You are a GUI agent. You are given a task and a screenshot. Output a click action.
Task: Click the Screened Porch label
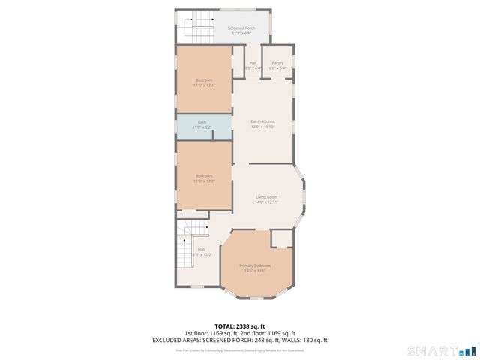(x=241, y=28)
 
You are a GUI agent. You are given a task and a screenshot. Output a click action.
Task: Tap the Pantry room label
(x=277, y=63)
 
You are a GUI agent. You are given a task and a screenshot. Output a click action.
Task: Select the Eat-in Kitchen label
(x=262, y=121)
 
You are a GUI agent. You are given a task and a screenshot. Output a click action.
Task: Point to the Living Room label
(x=266, y=197)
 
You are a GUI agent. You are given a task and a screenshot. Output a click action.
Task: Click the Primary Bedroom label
(x=255, y=265)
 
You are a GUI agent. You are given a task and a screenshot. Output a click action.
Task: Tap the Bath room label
(x=202, y=122)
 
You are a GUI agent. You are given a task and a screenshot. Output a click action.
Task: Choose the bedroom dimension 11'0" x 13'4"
(x=205, y=85)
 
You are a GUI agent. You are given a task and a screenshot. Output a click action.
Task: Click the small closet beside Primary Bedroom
(x=281, y=239)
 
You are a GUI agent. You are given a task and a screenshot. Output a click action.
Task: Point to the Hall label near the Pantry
(x=253, y=63)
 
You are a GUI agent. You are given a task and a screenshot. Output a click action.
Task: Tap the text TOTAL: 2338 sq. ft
(x=240, y=326)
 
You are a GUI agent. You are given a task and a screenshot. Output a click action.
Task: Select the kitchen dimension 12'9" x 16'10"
(x=262, y=127)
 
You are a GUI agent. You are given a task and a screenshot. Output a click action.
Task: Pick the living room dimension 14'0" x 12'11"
(x=266, y=202)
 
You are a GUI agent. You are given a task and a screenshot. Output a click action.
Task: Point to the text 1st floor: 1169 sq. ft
(x=211, y=333)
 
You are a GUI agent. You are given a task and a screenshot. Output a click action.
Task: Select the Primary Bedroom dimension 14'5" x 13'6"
(x=255, y=271)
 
